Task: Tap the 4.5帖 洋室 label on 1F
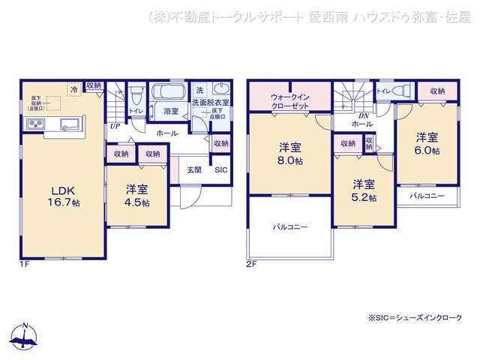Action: point(137,195)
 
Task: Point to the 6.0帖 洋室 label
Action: point(427,143)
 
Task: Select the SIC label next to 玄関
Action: point(220,170)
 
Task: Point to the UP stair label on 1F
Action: point(114,127)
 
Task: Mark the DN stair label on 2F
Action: point(363,115)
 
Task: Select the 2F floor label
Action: point(250,265)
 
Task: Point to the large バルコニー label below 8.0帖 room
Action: point(289,226)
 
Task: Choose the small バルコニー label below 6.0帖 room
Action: point(427,196)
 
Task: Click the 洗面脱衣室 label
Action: point(211,101)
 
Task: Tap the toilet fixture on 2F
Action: point(400,91)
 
